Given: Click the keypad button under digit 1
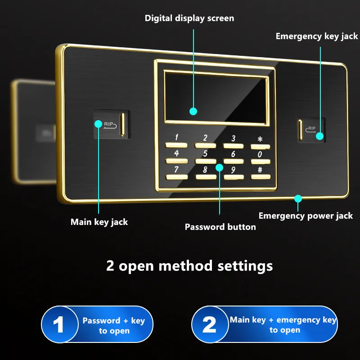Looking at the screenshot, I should point(175,145).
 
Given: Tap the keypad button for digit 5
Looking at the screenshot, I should point(205,161).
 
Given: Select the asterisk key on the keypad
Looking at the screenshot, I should point(261,146).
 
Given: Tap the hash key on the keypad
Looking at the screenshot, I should point(261,176).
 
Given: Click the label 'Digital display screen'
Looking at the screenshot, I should point(189,18).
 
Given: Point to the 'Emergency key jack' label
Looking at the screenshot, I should point(316,36).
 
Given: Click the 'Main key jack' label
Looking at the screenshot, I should point(99,222).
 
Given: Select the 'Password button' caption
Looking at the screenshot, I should point(220,227).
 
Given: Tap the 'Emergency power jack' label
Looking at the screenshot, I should point(306,216).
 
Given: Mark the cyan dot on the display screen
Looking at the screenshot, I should point(193,111).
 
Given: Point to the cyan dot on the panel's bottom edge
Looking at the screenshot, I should point(297,198).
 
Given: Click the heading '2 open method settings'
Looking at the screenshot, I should point(189,265).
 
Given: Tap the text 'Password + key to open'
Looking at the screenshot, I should point(114,326).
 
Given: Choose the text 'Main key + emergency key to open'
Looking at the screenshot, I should point(283,325).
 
